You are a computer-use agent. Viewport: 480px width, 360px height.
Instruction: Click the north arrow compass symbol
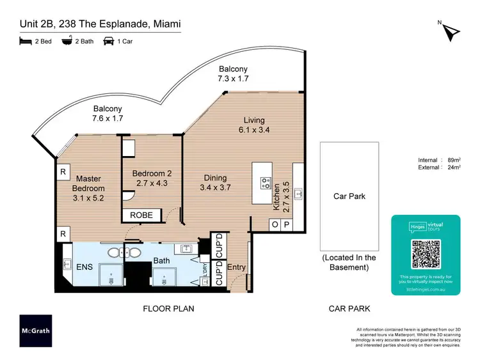[451, 31]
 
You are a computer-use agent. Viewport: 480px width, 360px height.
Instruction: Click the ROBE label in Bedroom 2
[141, 215]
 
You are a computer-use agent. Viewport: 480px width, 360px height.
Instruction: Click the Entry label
[237, 267]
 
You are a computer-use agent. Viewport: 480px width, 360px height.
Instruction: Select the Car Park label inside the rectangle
[349, 196]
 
